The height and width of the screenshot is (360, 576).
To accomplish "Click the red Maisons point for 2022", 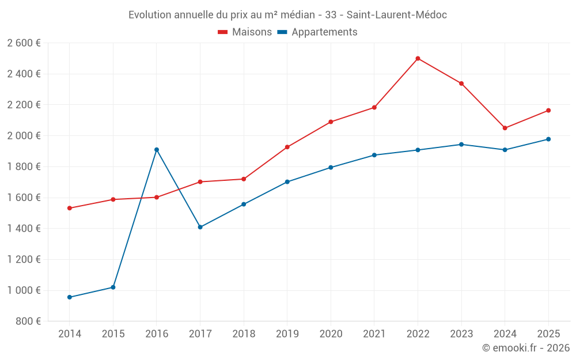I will pyautogui.click(x=418, y=58).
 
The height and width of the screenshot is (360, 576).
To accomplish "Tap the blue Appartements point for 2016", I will pyautogui.click(x=157, y=150).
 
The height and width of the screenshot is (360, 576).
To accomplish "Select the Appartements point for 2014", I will pyautogui.click(x=70, y=297).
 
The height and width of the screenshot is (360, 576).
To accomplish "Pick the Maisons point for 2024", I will pyautogui.click(x=505, y=128).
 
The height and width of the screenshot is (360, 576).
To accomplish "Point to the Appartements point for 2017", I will pyautogui.click(x=200, y=227).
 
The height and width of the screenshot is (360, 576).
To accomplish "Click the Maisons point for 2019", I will pyautogui.click(x=287, y=147).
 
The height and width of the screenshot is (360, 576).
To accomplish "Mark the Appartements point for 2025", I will pyautogui.click(x=548, y=139).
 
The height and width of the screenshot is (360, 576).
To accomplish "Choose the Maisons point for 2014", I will pyautogui.click(x=70, y=208).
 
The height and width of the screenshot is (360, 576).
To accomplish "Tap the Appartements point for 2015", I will pyautogui.click(x=113, y=287).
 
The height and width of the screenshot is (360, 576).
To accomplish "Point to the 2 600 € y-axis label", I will pyautogui.click(x=24, y=43).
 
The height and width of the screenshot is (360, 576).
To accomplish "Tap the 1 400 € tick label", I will pyautogui.click(x=24, y=228).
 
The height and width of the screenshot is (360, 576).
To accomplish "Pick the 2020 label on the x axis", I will pyautogui.click(x=331, y=334).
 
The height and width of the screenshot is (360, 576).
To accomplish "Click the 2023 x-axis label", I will pyautogui.click(x=461, y=334).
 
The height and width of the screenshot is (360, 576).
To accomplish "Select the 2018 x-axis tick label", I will pyautogui.click(x=244, y=334).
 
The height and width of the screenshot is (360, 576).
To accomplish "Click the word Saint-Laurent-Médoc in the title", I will pyautogui.click(x=396, y=15).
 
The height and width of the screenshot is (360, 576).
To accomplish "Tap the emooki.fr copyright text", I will pyautogui.click(x=526, y=348).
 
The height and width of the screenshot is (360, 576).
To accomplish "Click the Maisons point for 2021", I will pyautogui.click(x=374, y=108).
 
